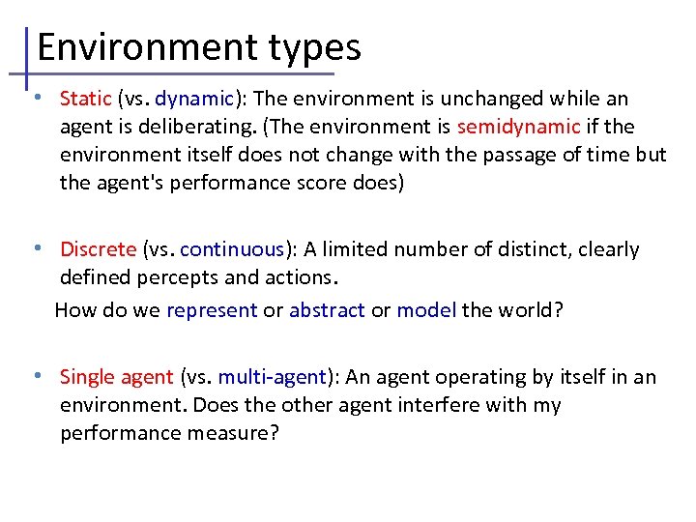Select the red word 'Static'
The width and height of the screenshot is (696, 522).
coord(86,99)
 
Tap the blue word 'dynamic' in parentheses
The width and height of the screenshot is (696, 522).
coord(194,99)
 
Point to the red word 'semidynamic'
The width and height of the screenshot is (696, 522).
coord(519,127)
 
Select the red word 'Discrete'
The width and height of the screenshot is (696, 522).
coord(98,249)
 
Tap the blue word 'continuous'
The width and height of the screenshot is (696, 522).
coord(232,249)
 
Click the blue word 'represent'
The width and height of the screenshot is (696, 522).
coord(212,310)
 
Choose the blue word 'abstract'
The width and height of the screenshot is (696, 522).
coord(327,310)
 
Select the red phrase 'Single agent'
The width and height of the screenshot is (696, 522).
coord(117,377)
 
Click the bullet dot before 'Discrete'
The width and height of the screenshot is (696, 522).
coord(36,247)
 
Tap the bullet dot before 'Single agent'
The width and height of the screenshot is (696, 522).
coord(36,375)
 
